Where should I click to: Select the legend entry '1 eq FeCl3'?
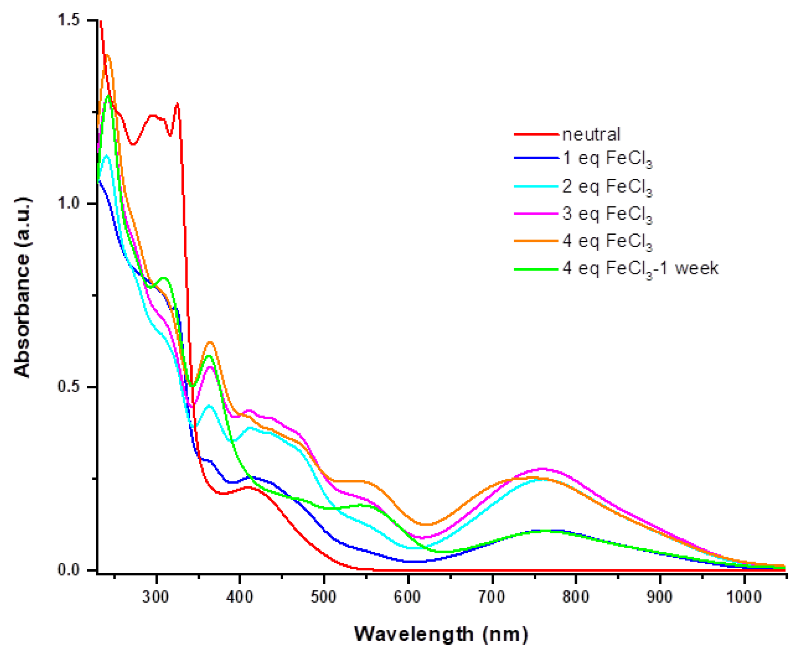[606, 158]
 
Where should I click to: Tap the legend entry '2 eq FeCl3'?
[606, 187]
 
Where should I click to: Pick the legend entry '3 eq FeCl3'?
[606, 214]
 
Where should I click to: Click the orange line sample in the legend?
[536, 241]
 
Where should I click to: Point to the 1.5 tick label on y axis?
[69, 20]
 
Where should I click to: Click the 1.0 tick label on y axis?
[69, 203]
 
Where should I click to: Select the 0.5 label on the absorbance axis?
[69, 387]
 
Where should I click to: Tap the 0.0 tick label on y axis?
[69, 570]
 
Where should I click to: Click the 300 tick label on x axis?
[156, 597]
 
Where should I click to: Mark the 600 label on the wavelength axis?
[408, 597]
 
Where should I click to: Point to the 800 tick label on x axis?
[576, 597]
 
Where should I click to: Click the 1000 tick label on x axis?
[744, 597]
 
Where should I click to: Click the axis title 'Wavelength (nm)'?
[441, 634]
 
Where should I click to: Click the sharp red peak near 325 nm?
[177, 105]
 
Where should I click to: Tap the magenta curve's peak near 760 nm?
[542, 469]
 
